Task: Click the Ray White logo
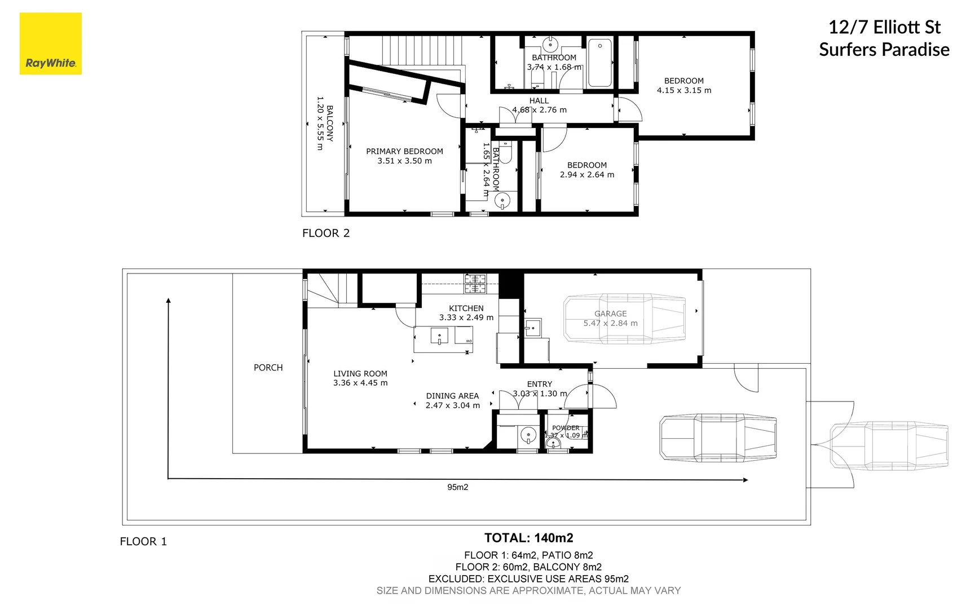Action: pos(51,44)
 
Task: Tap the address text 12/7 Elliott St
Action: pos(884,27)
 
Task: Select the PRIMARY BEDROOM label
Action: pos(404,151)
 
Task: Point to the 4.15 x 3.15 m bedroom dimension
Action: pos(683,90)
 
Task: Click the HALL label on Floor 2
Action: pos(539,101)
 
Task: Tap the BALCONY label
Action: pos(330,123)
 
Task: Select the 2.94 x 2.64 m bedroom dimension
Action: pos(586,175)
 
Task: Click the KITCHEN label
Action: pos(466,308)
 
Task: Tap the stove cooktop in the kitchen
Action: pos(475,284)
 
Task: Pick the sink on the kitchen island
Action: pos(439,337)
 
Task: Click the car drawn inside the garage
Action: pos(624,318)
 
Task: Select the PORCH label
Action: pos(268,368)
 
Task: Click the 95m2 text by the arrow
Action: pos(457,487)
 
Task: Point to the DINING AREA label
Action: pos(452,396)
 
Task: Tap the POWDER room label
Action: pos(565,428)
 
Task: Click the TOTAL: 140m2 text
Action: pos(528,538)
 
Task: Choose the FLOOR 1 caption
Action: pos(143,541)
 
